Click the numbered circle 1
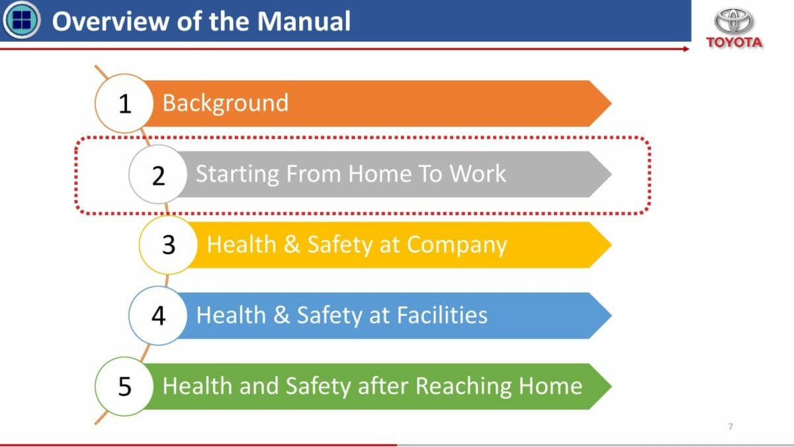(x=124, y=103)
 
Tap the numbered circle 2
(x=158, y=174)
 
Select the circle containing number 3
(x=168, y=245)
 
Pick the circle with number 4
(x=158, y=315)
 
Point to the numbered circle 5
(x=124, y=386)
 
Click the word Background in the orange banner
(x=226, y=103)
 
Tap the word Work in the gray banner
(x=478, y=174)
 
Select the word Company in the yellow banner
(x=457, y=246)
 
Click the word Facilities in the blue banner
(x=442, y=315)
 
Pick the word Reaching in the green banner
(x=463, y=387)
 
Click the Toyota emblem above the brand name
(x=733, y=21)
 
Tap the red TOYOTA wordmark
(x=734, y=42)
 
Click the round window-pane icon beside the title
(x=21, y=19)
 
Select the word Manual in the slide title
(x=304, y=21)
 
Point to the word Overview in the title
(x=110, y=21)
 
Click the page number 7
(x=730, y=426)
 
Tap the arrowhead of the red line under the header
(x=686, y=49)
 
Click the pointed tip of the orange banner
(x=611, y=103)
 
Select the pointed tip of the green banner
(x=611, y=386)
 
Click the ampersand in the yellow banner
(x=291, y=244)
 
